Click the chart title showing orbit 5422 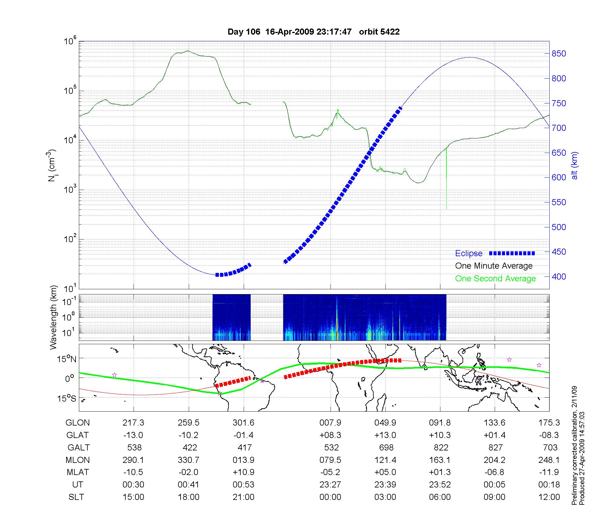(x=314, y=32)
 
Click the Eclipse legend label (x=469, y=253)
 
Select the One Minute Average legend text (x=494, y=266)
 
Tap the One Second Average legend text (x=495, y=279)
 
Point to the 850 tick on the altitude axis (x=559, y=54)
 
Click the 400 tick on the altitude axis (x=559, y=277)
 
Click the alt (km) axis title (x=575, y=165)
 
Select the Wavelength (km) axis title (x=54, y=317)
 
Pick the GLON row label (x=78, y=423)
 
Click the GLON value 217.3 (x=133, y=423)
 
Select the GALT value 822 (x=441, y=447)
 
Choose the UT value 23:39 (x=385, y=484)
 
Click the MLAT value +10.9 (x=243, y=472)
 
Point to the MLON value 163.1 (x=440, y=460)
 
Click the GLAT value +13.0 (x=385, y=435)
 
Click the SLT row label (x=76, y=497)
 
